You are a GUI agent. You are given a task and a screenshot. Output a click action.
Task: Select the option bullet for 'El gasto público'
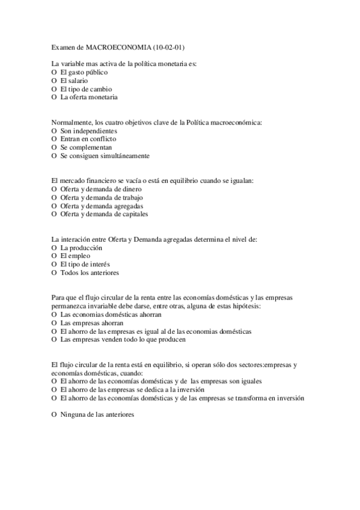click(x=54, y=72)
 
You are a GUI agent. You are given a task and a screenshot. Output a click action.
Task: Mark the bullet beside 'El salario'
click(x=54, y=81)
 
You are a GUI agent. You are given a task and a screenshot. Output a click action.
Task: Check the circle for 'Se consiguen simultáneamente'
click(x=54, y=156)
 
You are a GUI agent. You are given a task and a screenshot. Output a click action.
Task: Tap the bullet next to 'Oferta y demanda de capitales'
click(x=54, y=214)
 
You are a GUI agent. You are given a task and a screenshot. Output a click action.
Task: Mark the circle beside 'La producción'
click(x=54, y=248)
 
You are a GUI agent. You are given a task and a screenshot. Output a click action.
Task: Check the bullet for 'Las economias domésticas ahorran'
click(x=54, y=315)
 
